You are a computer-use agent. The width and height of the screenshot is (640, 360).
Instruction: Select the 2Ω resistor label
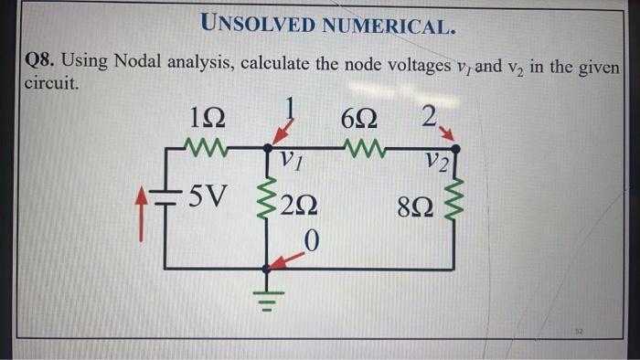299,208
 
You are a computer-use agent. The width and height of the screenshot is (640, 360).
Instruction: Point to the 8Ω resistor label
414,208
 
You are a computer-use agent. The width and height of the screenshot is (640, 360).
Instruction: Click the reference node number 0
312,241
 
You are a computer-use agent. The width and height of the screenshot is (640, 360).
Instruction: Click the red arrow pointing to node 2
449,138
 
